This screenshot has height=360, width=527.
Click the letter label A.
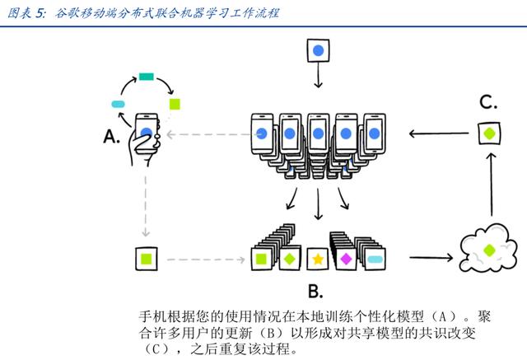(x=111, y=137)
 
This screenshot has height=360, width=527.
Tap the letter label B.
(x=315, y=291)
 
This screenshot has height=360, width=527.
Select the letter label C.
(x=488, y=102)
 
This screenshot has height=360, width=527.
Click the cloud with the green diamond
(x=487, y=249)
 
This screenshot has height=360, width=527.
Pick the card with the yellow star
(x=318, y=259)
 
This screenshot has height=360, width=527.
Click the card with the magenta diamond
(x=346, y=259)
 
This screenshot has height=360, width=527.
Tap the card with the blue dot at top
(x=318, y=51)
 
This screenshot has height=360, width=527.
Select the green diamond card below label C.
(x=489, y=133)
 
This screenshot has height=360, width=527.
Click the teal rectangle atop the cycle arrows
(x=147, y=77)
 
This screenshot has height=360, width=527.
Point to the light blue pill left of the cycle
(x=118, y=104)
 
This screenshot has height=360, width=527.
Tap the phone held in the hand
(x=147, y=133)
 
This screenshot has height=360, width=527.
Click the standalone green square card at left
(x=147, y=259)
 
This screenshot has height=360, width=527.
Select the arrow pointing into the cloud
(x=431, y=258)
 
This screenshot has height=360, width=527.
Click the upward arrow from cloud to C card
(x=492, y=185)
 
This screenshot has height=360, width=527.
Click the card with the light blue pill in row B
(x=375, y=259)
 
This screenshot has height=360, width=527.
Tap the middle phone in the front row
(x=318, y=133)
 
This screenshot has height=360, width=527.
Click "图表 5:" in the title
(x=26, y=13)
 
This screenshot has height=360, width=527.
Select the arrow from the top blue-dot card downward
(x=319, y=75)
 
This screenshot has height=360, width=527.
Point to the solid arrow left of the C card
(x=439, y=133)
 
